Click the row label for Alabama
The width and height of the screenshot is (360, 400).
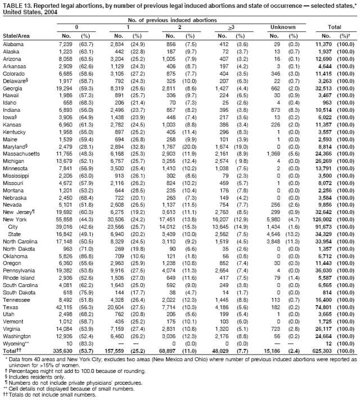point(13,44)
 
